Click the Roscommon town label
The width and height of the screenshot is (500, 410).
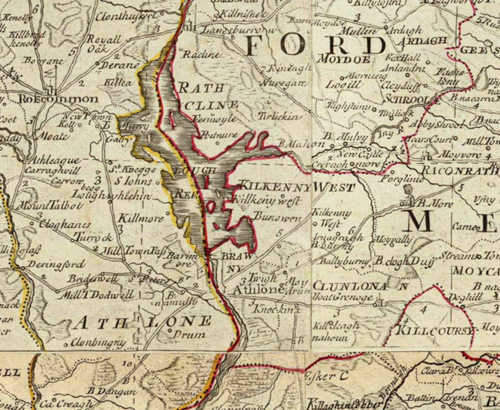coord(59,99)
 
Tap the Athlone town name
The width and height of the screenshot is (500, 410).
coord(258,290)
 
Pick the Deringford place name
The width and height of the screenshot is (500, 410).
coord(57,264)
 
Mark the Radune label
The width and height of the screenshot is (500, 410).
coord(200,54)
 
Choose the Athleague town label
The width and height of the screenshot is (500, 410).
coord(54,161)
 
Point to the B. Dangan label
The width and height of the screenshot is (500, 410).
coord(112,391)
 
